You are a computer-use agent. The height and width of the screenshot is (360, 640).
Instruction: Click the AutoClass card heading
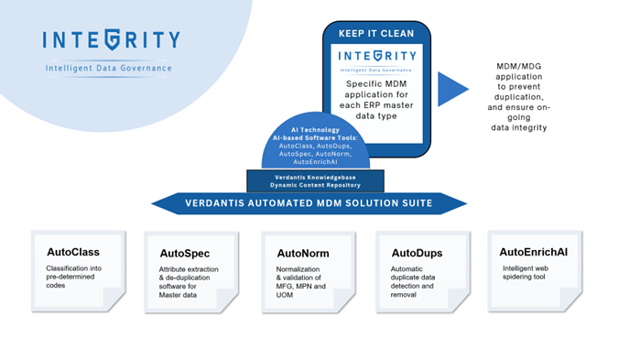73,251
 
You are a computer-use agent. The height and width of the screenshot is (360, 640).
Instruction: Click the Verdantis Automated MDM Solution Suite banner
309,202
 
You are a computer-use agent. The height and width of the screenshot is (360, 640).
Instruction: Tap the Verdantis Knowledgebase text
308,175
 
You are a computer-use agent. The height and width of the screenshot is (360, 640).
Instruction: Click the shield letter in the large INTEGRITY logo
111,40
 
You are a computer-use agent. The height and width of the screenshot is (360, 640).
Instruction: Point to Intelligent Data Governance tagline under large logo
109,69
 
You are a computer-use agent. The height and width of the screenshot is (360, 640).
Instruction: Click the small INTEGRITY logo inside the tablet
377,57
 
